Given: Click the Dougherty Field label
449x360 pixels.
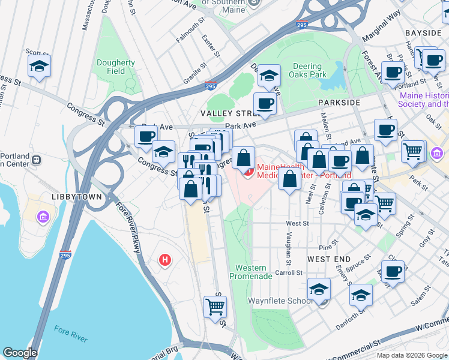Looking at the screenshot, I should tap(115, 67).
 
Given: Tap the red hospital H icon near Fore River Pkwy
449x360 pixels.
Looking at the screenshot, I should tap(164, 260).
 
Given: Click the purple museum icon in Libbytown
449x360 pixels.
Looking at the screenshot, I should tap(43, 216).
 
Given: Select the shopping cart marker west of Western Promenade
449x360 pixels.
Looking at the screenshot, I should tap(215, 307).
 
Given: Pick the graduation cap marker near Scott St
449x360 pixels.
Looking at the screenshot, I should tap(39, 67).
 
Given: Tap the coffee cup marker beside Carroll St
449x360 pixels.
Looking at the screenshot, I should tap(393, 272).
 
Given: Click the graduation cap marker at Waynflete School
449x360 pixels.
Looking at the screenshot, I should tap(319, 289).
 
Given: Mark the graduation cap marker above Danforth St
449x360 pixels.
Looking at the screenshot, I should tap(361, 295).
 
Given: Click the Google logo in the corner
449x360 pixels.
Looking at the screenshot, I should tap(20, 353).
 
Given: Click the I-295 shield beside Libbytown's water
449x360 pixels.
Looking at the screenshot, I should tap(65, 256).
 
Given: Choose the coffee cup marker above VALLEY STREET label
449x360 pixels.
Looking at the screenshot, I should tap(265, 104).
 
